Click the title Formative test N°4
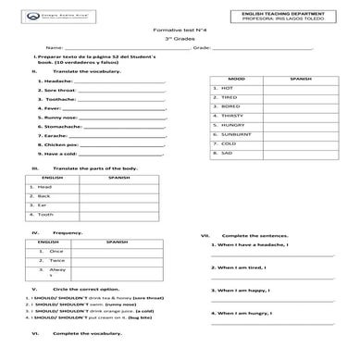pos(180,31)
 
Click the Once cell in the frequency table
pos(56,251)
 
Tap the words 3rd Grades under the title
pos(180,42)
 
